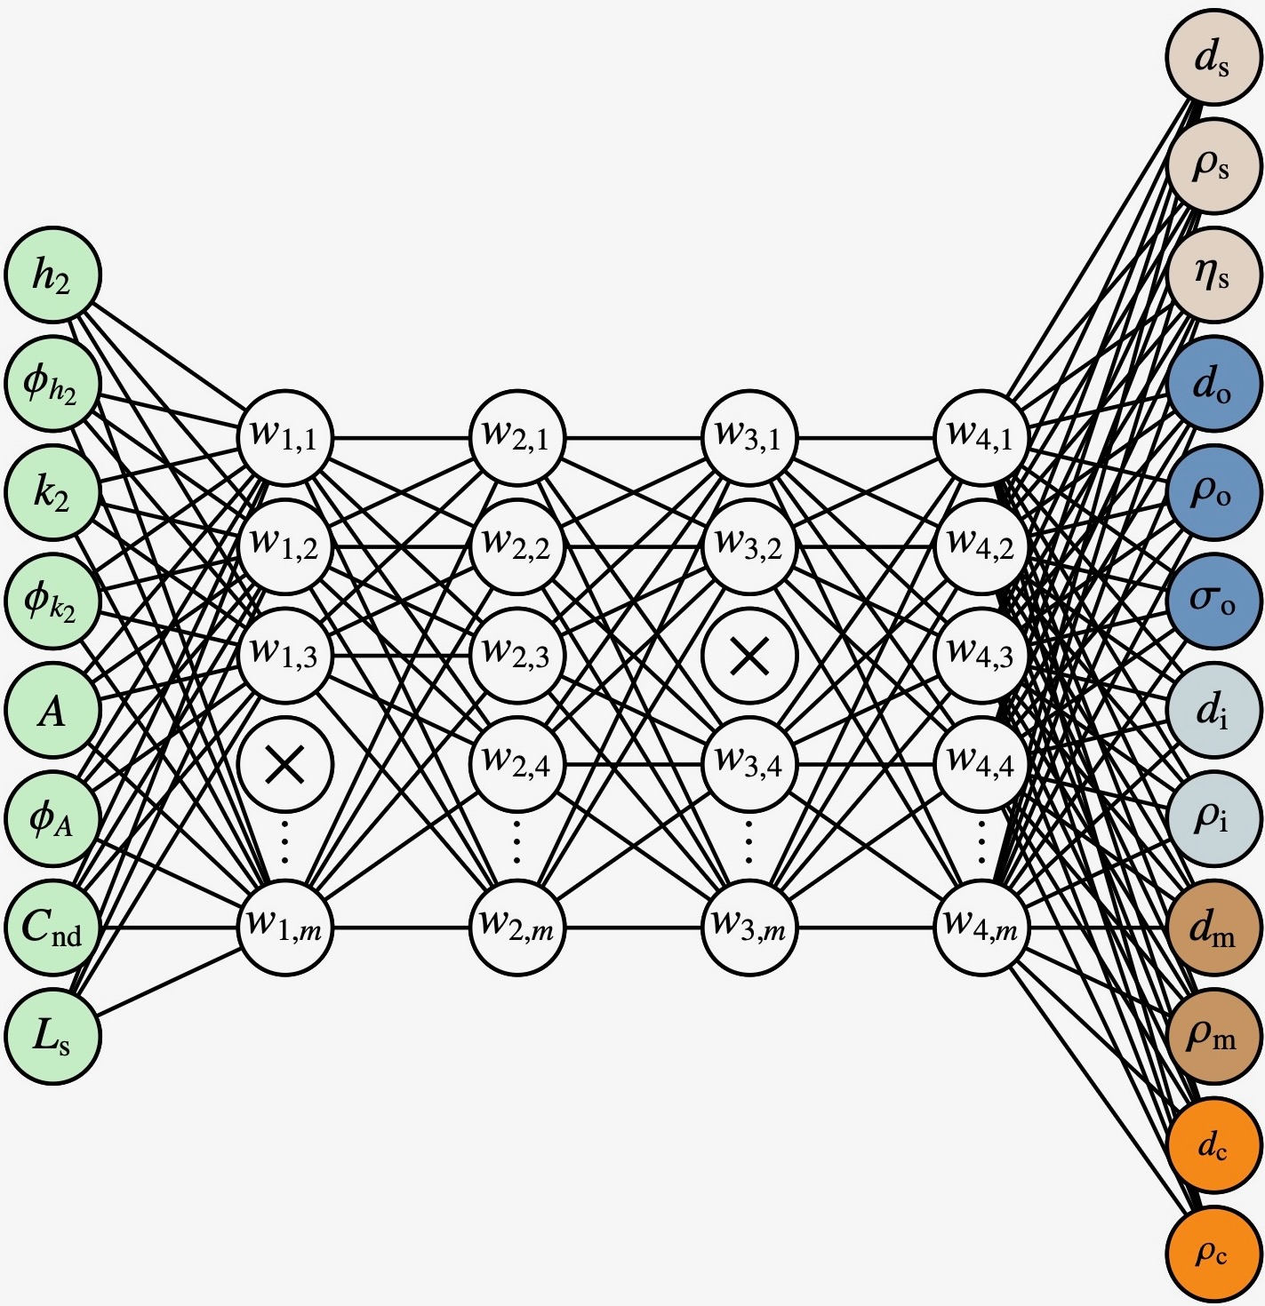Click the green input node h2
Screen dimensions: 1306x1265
52,275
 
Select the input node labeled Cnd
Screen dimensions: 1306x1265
52,928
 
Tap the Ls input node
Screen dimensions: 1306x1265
52,1036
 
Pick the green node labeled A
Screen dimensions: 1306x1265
52,710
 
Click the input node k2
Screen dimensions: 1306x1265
52,492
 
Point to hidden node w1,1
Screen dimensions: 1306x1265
285,437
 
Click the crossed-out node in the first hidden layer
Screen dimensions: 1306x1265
285,763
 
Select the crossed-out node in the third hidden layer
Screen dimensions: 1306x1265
749,656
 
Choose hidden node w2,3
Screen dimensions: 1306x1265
517,656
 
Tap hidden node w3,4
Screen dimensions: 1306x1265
749,763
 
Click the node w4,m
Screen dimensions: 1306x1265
981,928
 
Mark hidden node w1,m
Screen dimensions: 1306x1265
285,928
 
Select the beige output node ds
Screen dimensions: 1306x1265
1213,58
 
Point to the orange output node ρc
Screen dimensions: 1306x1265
1213,1253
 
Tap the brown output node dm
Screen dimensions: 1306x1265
1213,928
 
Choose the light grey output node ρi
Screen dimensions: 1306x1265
1213,818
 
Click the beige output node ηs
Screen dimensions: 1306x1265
1213,275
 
